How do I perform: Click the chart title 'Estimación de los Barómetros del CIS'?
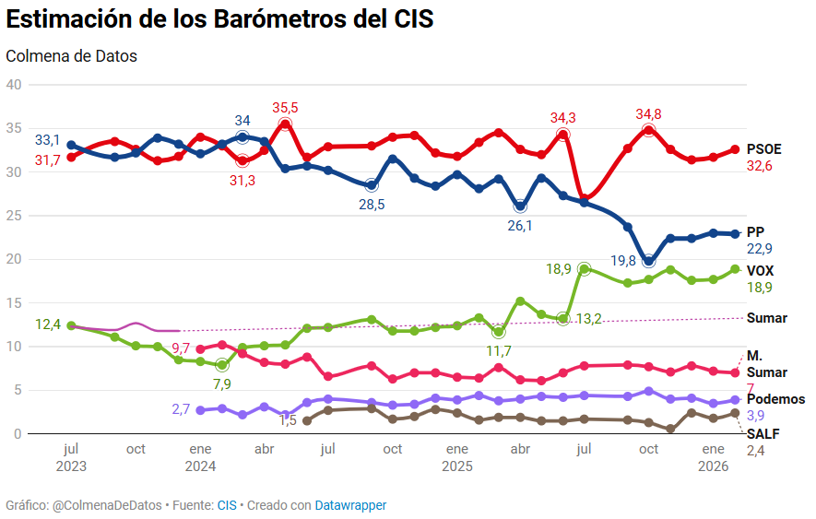(x=219, y=19)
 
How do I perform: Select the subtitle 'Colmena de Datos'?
(x=71, y=56)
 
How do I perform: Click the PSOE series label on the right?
(x=763, y=149)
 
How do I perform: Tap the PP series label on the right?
(x=755, y=232)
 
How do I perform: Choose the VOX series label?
(x=760, y=271)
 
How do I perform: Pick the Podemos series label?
(x=775, y=399)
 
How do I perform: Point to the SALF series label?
(x=762, y=433)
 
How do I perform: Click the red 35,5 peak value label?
(x=285, y=108)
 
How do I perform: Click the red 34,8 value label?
(x=649, y=114)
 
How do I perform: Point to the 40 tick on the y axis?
(x=14, y=85)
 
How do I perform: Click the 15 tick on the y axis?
(x=14, y=302)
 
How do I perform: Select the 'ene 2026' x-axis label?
(x=713, y=457)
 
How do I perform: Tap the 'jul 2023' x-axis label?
(x=71, y=457)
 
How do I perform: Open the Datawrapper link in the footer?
(x=350, y=505)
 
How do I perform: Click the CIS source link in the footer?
(x=227, y=505)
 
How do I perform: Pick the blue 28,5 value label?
(x=372, y=205)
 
